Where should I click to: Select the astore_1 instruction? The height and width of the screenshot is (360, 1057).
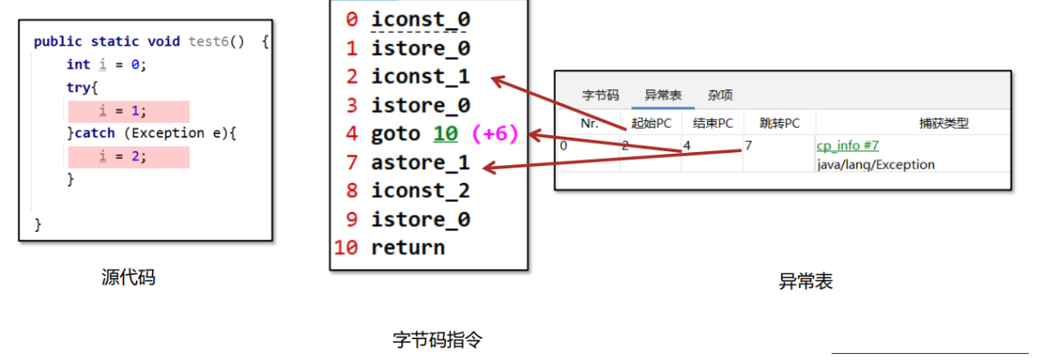tap(420, 162)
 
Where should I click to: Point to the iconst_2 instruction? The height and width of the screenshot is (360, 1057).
tap(420, 191)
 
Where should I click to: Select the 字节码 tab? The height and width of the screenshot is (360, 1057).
tap(600, 95)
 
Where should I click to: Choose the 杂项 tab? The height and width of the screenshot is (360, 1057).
tap(720, 95)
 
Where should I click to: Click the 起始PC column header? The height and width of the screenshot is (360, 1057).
tap(651, 123)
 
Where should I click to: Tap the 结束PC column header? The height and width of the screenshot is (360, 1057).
tap(713, 123)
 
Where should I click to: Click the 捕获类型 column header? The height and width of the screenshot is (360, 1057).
tap(944, 123)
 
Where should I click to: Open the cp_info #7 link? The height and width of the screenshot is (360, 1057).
tap(847, 146)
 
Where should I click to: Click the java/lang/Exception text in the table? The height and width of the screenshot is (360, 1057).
tap(876, 164)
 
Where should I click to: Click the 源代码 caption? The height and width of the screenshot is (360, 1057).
tap(128, 278)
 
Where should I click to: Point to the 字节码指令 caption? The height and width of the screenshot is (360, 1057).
tap(437, 339)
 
